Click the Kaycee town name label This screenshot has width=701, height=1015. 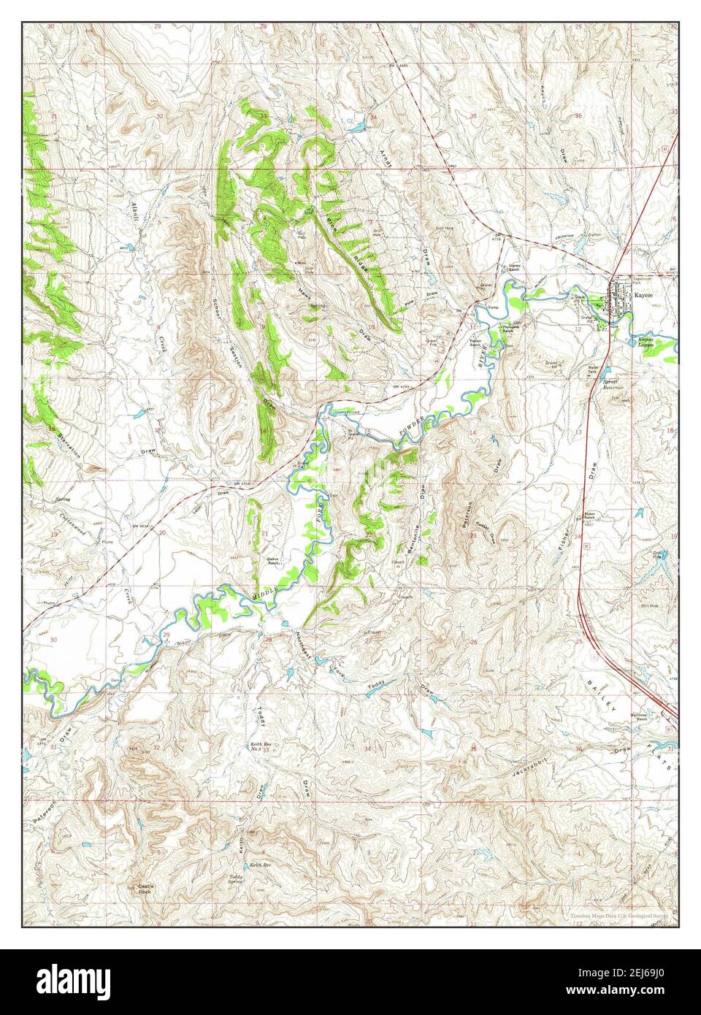(x=645, y=296)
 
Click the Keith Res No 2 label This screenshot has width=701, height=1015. (x=256, y=747)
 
